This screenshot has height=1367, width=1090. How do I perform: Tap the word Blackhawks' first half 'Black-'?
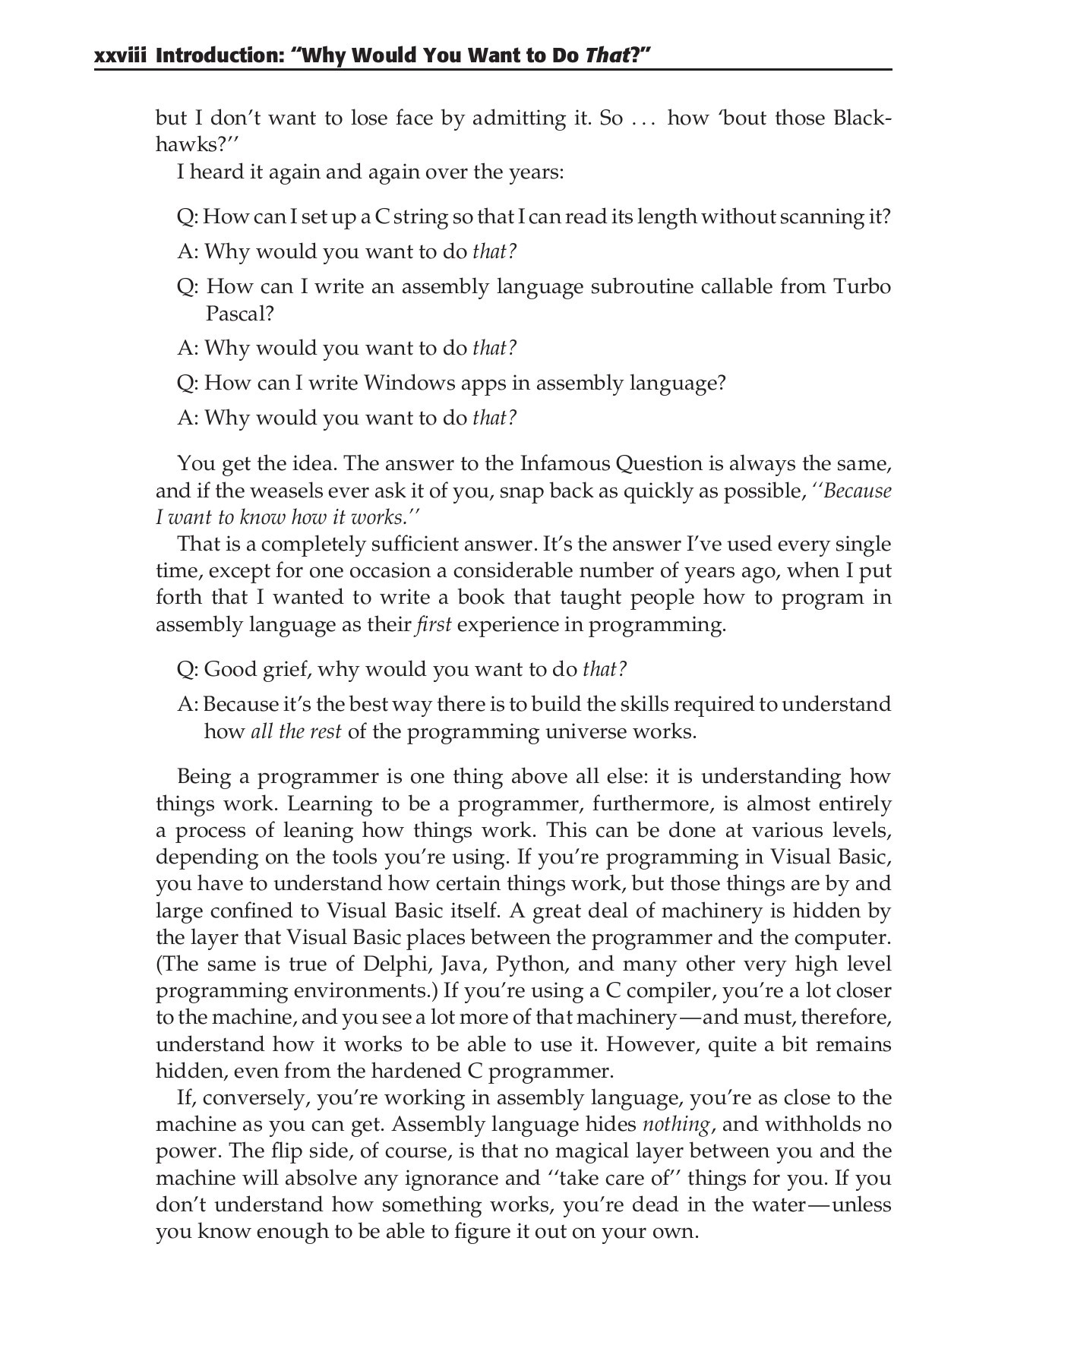tap(862, 118)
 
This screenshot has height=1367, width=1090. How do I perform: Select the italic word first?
tap(434, 624)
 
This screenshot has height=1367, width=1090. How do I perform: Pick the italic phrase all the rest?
tap(295, 731)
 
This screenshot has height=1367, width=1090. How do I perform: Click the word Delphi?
tap(397, 964)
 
